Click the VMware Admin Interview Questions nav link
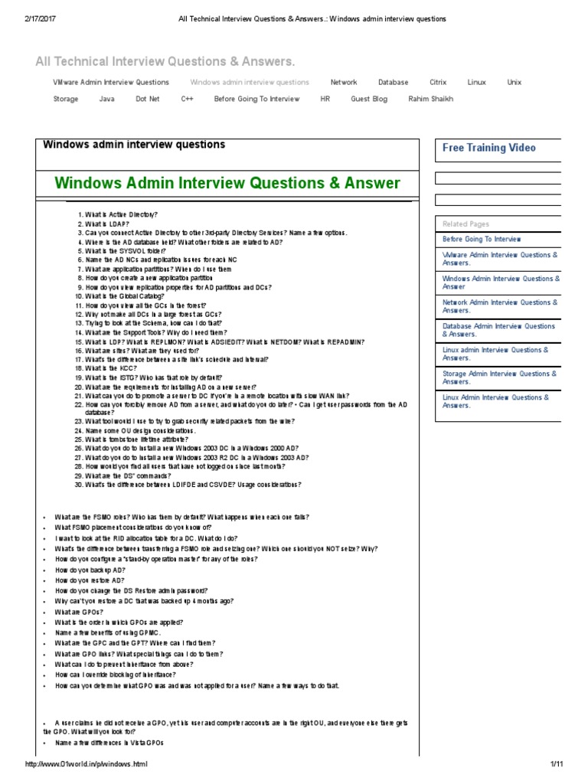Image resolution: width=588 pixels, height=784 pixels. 111,82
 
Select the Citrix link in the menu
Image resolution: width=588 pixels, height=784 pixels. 438,82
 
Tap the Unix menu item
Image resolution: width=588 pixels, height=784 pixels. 514,82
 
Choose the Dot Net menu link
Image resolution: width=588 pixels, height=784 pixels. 148,99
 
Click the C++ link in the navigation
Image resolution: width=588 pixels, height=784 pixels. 187,99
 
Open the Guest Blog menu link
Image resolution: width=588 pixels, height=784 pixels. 369,99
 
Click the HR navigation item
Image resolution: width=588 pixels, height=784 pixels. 325,99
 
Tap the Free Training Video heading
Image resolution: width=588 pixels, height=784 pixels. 488,148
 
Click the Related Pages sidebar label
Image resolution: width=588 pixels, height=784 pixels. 465,224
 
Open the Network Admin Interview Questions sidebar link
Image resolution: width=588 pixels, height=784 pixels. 500,306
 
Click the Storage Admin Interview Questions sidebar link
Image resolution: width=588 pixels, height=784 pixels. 499,377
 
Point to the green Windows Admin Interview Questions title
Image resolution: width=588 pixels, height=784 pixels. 227,183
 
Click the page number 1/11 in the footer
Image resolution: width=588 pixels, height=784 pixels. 556,765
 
